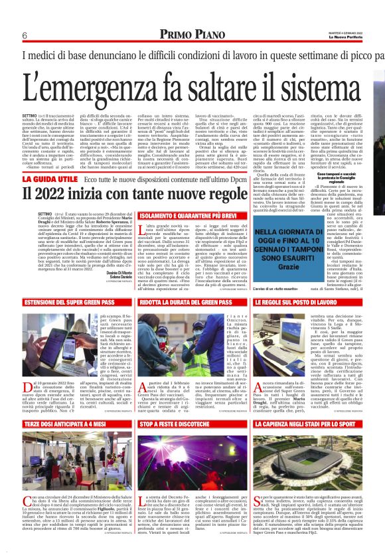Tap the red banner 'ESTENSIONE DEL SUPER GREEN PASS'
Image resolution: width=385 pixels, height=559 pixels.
click(72, 283)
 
